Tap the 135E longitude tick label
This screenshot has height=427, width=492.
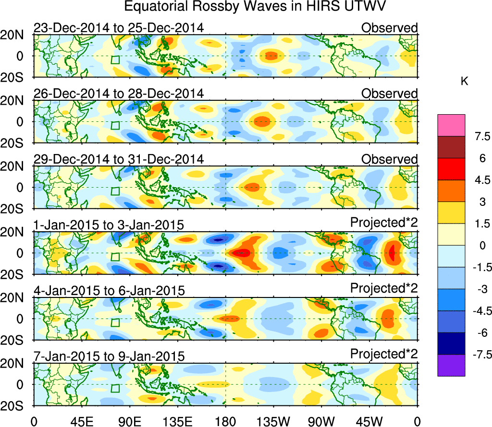[x=177, y=421]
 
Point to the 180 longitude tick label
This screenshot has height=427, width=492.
[x=225, y=421]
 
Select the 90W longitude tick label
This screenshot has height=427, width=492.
[x=321, y=421]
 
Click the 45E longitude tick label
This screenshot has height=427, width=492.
[x=81, y=421]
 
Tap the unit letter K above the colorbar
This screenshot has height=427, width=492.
[x=464, y=82]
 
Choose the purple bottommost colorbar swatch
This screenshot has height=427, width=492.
[x=451, y=365]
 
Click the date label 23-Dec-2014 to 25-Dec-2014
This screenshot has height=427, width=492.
[x=119, y=27]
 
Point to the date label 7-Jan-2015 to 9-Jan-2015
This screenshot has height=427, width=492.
[x=109, y=356]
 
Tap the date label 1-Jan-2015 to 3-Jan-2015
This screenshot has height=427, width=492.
[x=109, y=225]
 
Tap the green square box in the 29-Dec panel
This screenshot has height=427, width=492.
[x=115, y=191]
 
